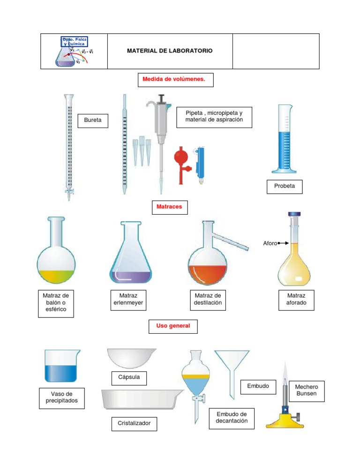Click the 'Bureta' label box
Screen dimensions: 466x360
tap(92, 121)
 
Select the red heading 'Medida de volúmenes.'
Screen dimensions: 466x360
tap(175, 80)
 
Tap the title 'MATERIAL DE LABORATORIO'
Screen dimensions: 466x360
tap(169, 51)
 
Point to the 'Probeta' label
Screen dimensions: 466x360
tap(285, 186)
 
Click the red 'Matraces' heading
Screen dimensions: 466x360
tap(169, 206)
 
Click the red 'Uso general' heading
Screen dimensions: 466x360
tap(173, 326)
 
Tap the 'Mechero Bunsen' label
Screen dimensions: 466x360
tap(307, 391)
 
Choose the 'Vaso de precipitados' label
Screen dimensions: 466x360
tap(61, 397)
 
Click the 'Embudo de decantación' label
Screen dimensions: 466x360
tap(232, 417)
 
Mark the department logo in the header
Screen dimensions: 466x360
tap(74, 51)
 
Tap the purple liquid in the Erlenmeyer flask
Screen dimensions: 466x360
tap(130, 277)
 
